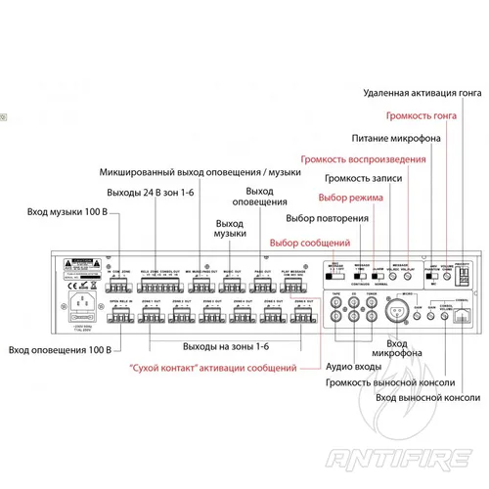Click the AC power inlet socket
79,315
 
